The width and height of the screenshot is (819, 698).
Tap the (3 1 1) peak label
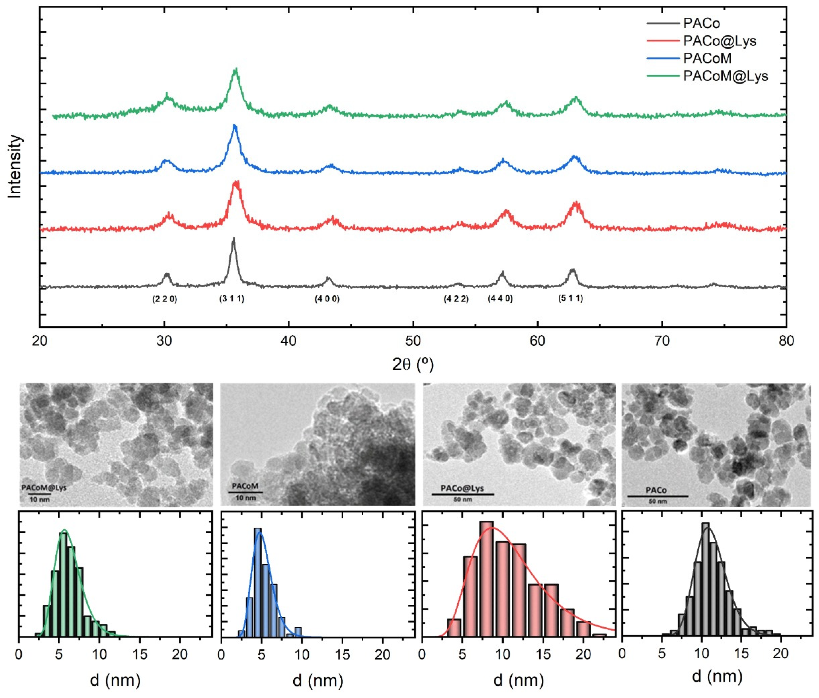pos(232,299)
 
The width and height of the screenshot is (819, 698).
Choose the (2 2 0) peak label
pos(165,299)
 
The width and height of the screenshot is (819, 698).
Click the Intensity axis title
pos(15,166)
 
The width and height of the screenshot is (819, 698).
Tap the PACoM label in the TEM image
pos(245,486)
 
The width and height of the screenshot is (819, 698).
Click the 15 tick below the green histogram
pos(140,654)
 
